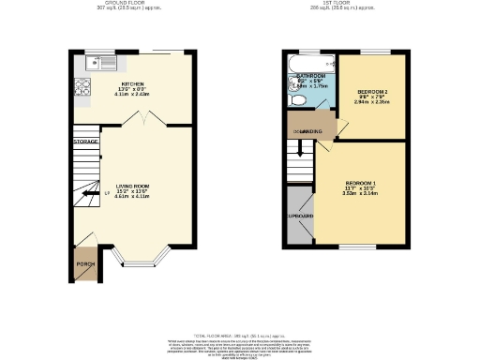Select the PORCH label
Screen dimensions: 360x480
(85, 264)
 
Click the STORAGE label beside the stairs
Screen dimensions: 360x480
(86, 142)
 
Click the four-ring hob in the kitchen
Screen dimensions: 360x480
(81, 91)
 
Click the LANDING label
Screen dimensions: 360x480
(311, 131)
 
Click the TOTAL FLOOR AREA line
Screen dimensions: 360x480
(239, 335)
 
